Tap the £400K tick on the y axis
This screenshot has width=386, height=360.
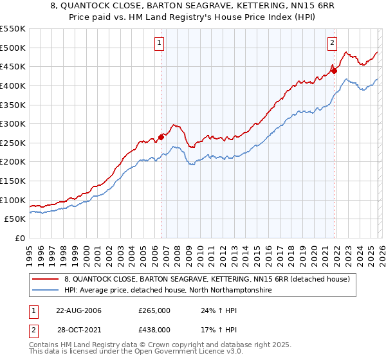coord(13,85)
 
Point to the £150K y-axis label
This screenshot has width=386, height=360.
coord(13,181)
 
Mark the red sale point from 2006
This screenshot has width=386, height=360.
coord(161,137)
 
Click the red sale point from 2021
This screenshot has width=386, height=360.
coord(334,71)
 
